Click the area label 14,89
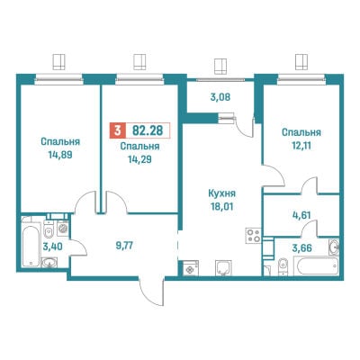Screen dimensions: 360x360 tap(60, 155)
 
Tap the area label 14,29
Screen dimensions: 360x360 tap(139, 160)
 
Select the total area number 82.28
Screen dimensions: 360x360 tap(148, 130)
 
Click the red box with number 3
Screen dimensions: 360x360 tap(117, 130)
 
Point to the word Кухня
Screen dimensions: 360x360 tap(222, 193)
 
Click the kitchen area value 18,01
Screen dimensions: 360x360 tap(222, 207)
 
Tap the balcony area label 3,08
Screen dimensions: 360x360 tap(220, 97)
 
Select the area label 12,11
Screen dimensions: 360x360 tap(301, 146)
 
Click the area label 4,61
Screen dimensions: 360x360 tap(302, 215)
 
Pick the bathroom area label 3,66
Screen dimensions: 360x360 tap(302, 248)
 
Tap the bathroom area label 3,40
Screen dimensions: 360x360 tap(52, 247)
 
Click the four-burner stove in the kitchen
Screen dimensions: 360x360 tap(254, 236)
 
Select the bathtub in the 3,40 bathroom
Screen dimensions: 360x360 tap(31, 245)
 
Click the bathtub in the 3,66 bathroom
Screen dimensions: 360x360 tap(319, 266)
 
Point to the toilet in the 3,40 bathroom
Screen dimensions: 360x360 tap(48, 229)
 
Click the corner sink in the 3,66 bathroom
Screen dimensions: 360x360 tap(334, 246)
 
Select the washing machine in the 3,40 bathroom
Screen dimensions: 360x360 tap(63, 228)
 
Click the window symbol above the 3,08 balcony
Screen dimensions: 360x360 tap(220, 67)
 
